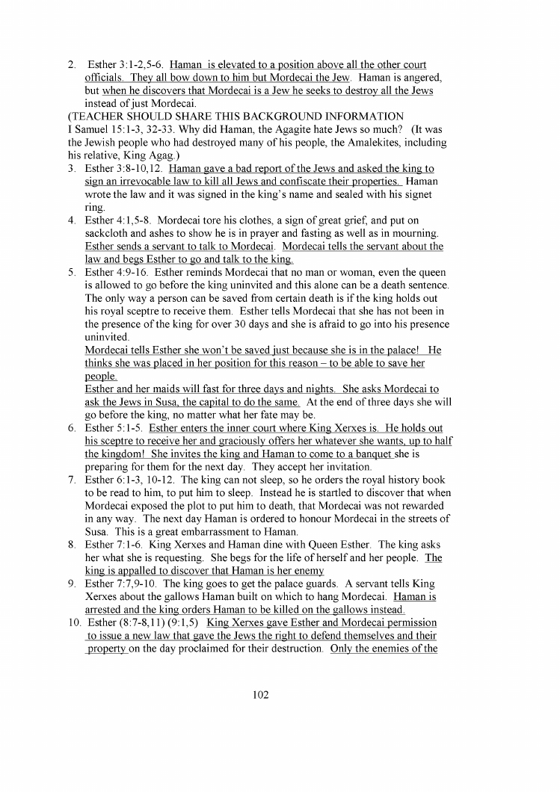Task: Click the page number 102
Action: click(260, 694)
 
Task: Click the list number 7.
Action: click(72, 467)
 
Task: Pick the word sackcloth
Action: click(111, 233)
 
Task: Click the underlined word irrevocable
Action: click(151, 181)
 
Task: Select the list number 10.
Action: click(73, 622)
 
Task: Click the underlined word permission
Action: click(407, 622)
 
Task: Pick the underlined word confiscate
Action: click(316, 181)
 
